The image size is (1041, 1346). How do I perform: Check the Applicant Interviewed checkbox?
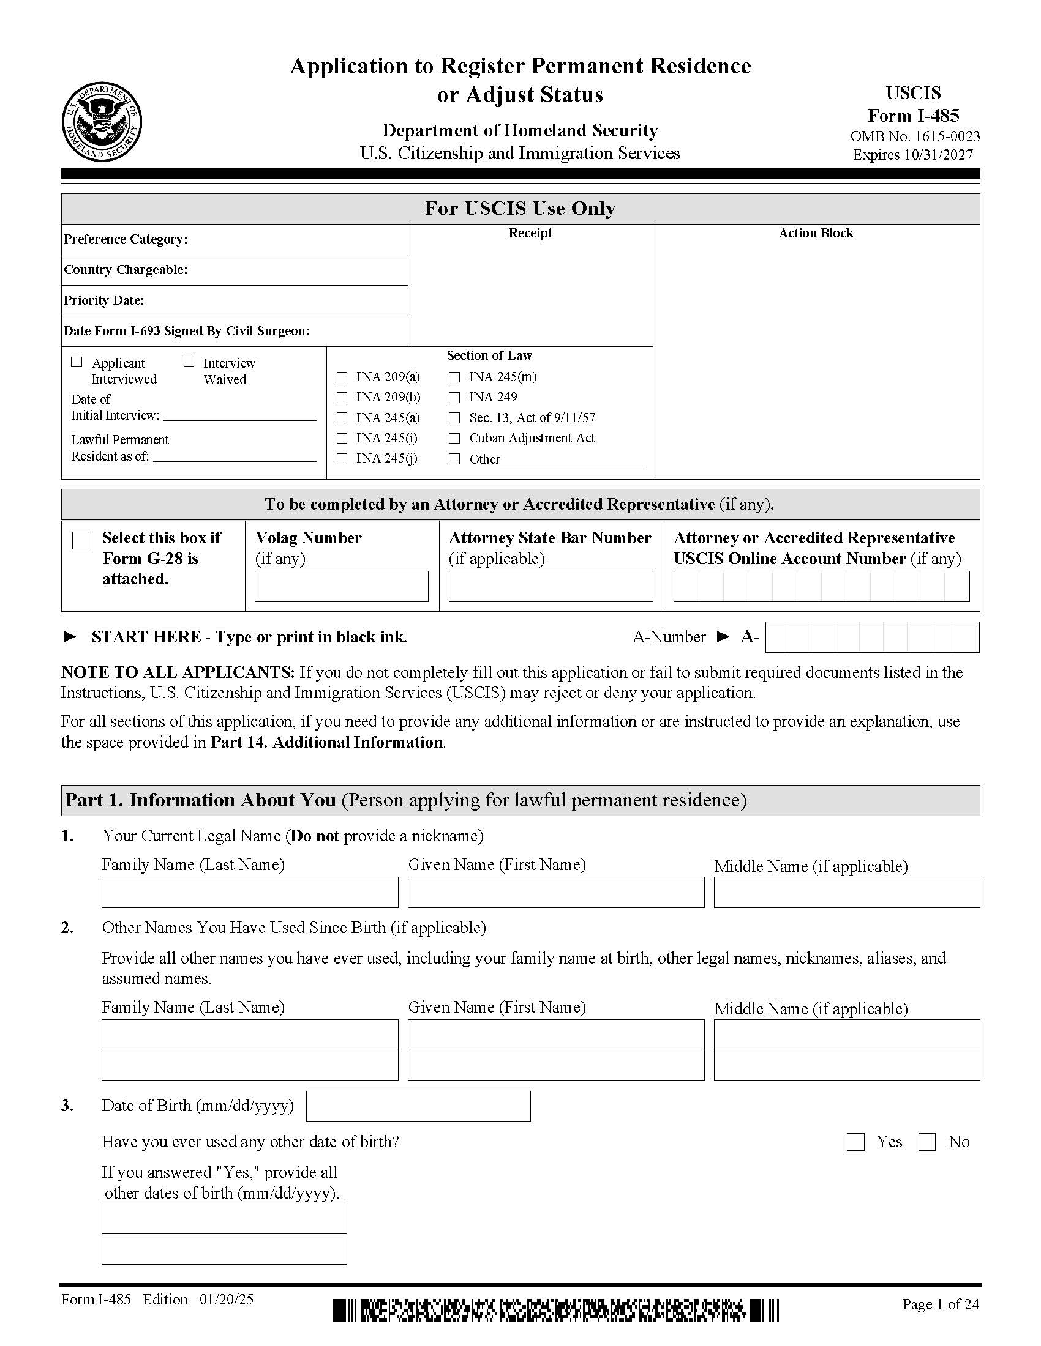(x=77, y=362)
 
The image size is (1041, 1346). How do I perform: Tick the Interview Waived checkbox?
(x=189, y=362)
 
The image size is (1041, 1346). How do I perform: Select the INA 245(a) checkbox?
(x=342, y=418)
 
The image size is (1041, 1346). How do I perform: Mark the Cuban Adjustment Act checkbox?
(x=454, y=438)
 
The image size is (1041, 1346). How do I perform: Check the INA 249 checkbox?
(x=454, y=398)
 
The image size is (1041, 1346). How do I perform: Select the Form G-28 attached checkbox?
(x=81, y=540)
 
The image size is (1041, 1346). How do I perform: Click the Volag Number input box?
(x=341, y=586)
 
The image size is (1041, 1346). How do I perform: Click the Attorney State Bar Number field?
(x=550, y=586)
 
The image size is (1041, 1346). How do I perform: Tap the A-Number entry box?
(x=871, y=638)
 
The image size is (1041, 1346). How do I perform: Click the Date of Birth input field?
(x=418, y=1106)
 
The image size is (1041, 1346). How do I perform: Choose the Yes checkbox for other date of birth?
(x=855, y=1142)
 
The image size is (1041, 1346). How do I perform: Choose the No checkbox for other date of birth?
(x=927, y=1142)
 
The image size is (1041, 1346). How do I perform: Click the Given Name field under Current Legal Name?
(x=555, y=893)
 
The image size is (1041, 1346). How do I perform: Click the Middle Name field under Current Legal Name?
(x=846, y=893)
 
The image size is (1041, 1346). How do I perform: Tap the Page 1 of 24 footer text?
(x=940, y=1304)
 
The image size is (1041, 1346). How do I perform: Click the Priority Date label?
(x=103, y=300)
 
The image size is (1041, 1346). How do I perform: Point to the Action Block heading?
(x=815, y=233)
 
